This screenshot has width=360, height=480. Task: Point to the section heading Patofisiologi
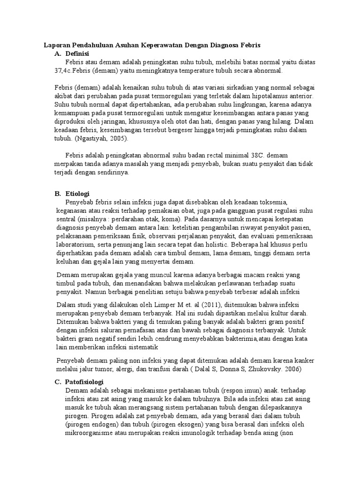tap(84, 382)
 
